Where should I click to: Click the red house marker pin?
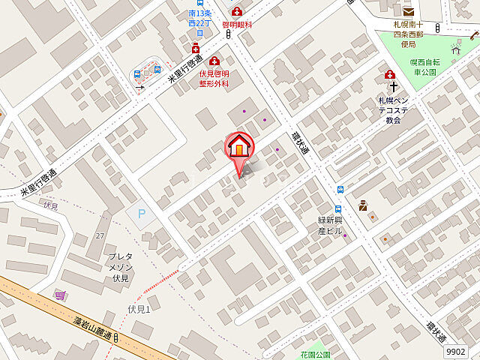239,146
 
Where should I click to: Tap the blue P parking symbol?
141,214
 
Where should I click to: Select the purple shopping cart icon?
59,295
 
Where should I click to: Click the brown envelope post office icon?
408,10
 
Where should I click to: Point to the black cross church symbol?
392,86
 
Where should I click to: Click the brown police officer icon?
363,204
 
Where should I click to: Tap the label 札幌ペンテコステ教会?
393,109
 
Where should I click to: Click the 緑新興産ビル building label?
329,226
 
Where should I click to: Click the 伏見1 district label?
139,310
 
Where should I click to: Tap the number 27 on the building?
100,235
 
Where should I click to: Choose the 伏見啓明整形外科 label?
214,79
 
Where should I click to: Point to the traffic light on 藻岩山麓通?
118,338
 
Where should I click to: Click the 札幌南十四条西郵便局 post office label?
409,29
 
